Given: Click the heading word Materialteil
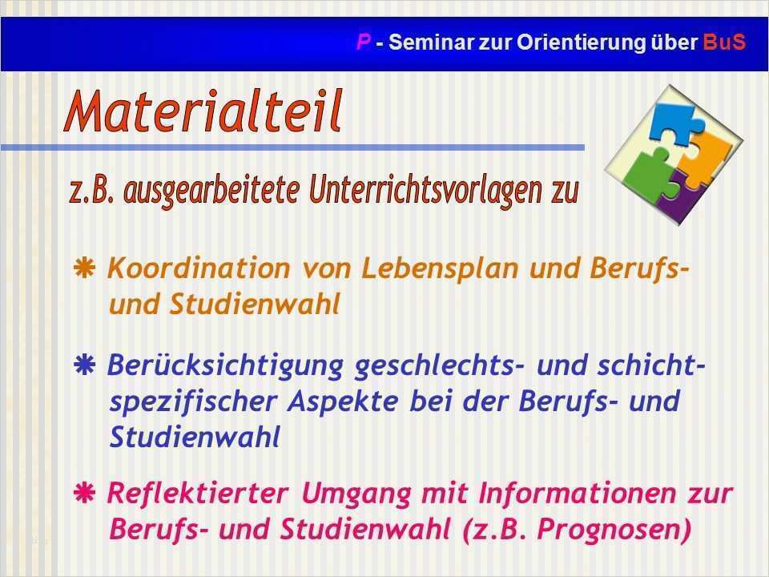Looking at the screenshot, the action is [x=203, y=111].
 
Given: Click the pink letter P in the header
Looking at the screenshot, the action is [x=364, y=42].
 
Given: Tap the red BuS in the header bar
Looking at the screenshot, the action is [x=724, y=42].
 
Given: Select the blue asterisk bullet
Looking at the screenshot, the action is [x=84, y=365].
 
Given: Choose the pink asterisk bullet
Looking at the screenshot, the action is [x=84, y=493].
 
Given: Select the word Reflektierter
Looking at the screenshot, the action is [x=198, y=493].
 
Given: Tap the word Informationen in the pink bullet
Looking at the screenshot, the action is [x=578, y=493].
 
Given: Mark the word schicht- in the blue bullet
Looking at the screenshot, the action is [x=651, y=365].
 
